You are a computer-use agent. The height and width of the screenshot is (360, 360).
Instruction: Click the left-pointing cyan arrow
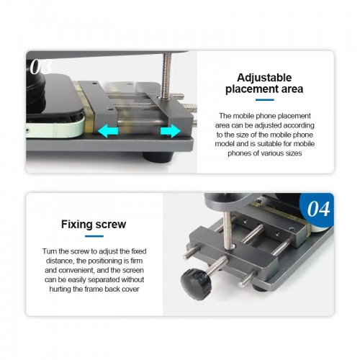click(108, 132)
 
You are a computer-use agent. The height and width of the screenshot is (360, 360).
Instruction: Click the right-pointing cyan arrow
click(171, 131)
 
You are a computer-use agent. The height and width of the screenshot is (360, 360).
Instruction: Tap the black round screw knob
click(195, 284)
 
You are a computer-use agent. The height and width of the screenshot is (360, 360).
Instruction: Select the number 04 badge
click(318, 209)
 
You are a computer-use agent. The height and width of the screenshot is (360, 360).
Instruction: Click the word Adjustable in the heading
click(264, 78)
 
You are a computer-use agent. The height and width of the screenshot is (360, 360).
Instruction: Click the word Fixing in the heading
click(77, 224)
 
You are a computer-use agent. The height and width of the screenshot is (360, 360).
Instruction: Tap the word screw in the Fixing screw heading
click(111, 225)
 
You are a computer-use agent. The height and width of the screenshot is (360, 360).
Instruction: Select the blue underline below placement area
click(265, 99)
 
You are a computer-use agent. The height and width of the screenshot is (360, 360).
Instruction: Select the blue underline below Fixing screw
click(94, 236)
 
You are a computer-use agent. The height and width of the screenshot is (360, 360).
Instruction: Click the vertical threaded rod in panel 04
click(228, 230)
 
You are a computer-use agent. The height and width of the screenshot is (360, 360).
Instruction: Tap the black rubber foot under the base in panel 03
click(158, 157)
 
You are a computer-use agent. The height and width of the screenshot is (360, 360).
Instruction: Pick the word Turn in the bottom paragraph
click(50, 251)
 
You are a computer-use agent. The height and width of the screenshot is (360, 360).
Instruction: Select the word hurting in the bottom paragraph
click(60, 289)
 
